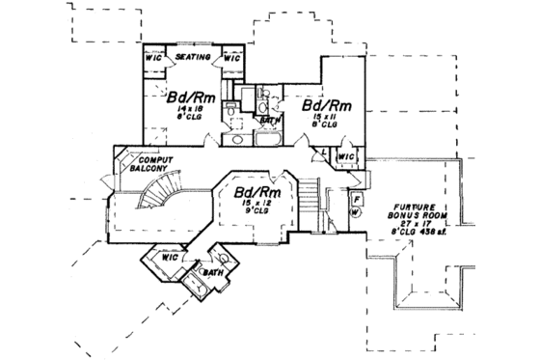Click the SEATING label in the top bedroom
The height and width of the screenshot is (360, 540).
193,58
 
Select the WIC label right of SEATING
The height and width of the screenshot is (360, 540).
230,56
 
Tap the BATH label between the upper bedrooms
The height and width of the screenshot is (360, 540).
273,120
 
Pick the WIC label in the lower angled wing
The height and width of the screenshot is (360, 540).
169,258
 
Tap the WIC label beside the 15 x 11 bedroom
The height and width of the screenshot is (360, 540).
344,156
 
